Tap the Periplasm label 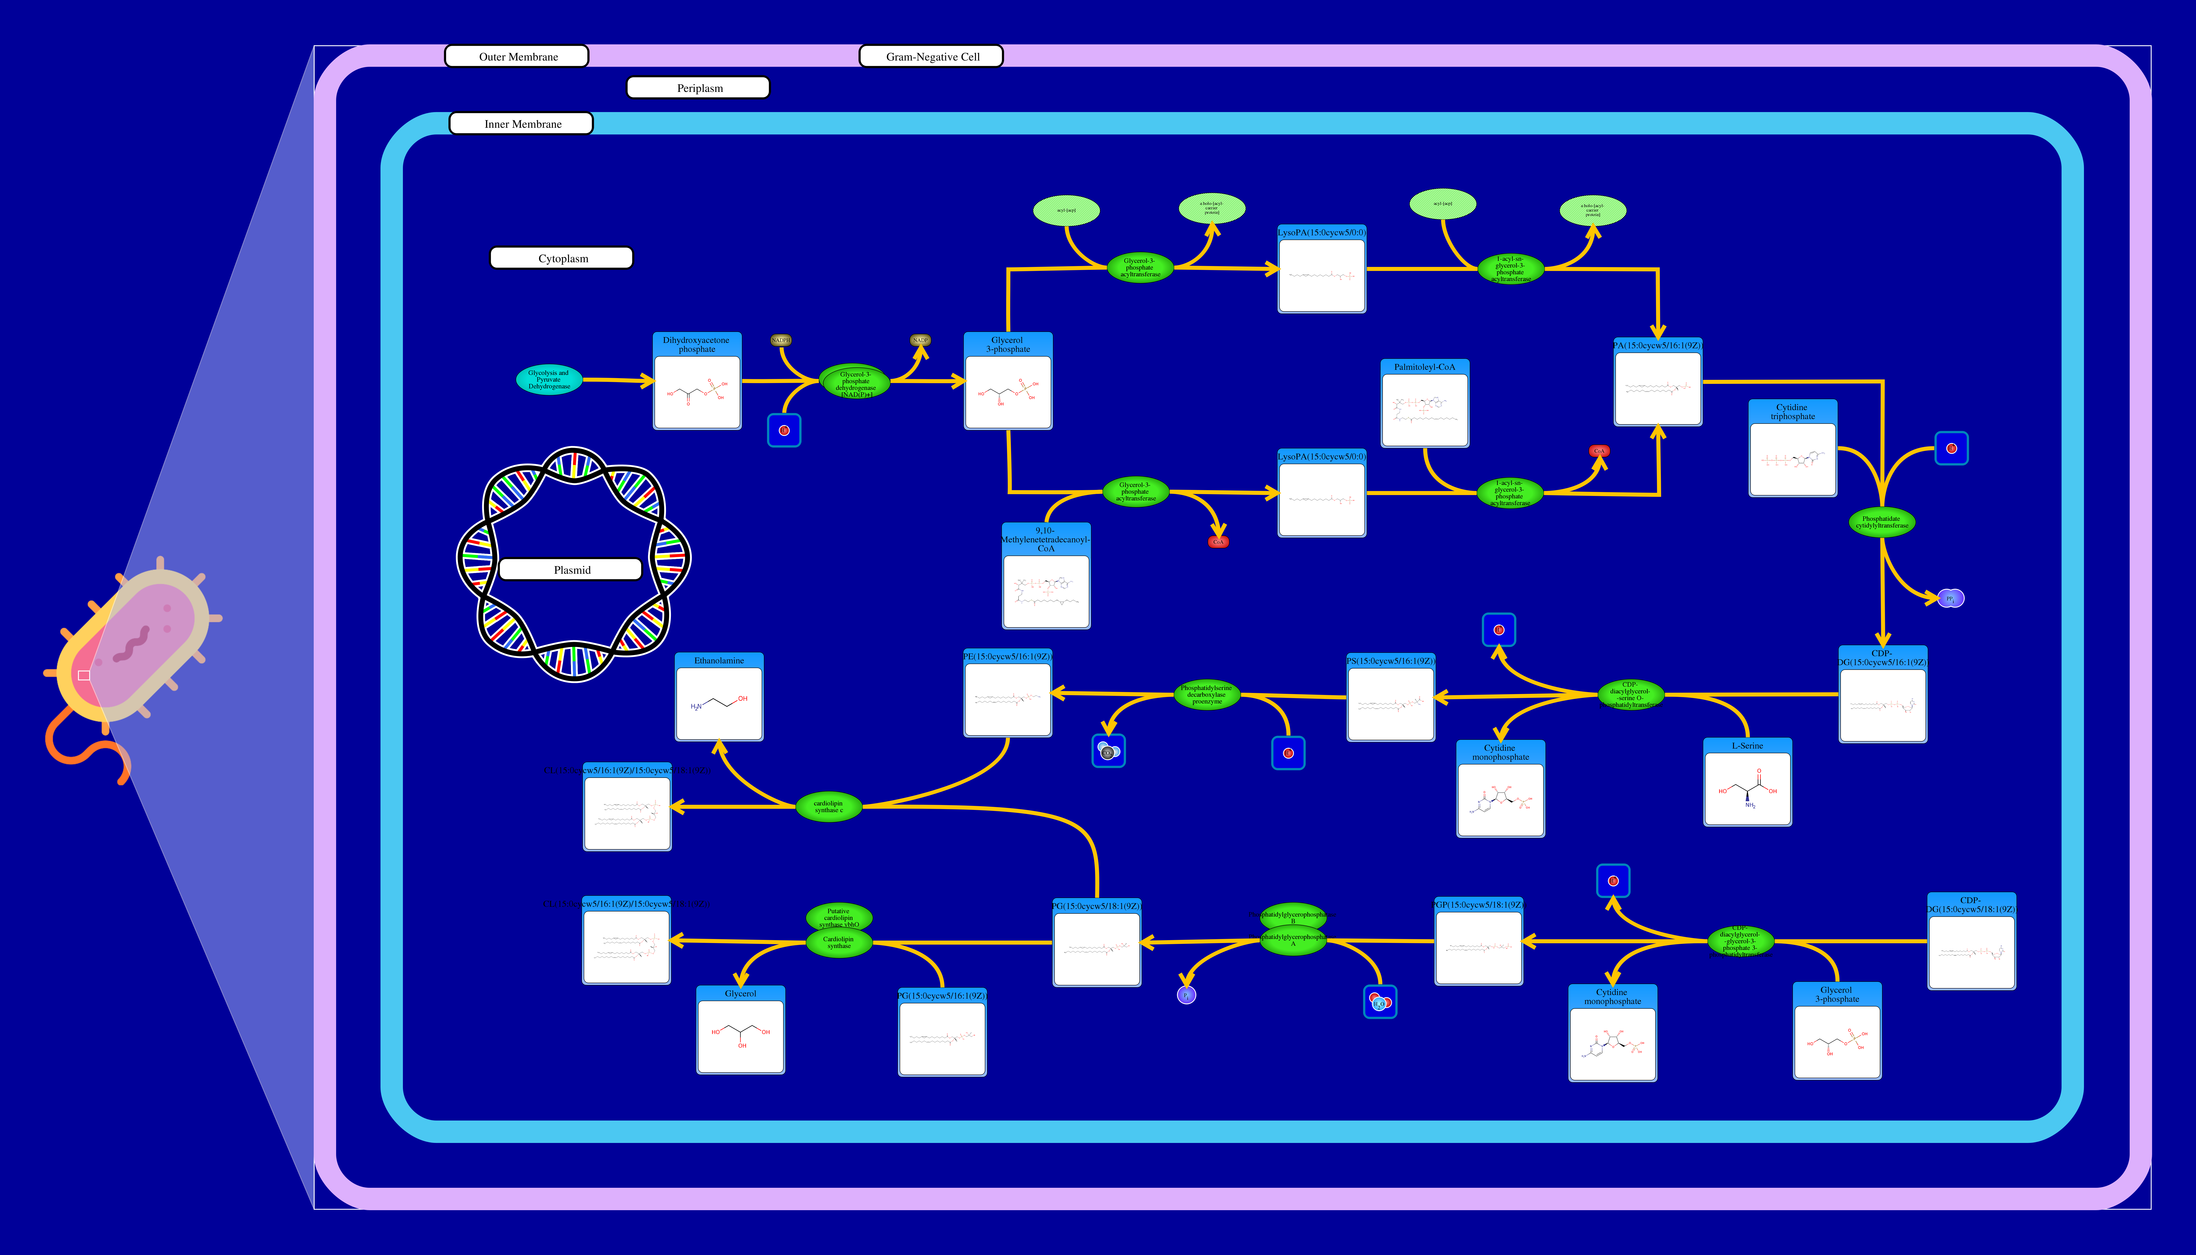coord(698,88)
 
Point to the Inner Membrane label coord(521,124)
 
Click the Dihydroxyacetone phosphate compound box coord(696,382)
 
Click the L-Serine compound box coord(1747,783)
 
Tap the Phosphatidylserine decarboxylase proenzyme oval coord(1207,695)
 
